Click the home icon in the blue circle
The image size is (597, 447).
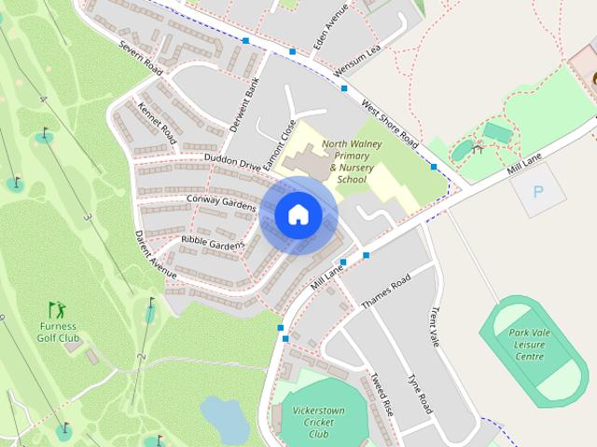298,215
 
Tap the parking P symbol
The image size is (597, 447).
537,193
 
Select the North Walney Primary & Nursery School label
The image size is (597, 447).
352,161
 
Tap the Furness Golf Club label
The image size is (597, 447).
58,332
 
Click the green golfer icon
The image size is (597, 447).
58,309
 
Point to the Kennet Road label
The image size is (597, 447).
157,124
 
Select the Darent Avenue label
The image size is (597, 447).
155,254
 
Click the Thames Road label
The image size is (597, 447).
386,292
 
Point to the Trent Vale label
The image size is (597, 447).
435,328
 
